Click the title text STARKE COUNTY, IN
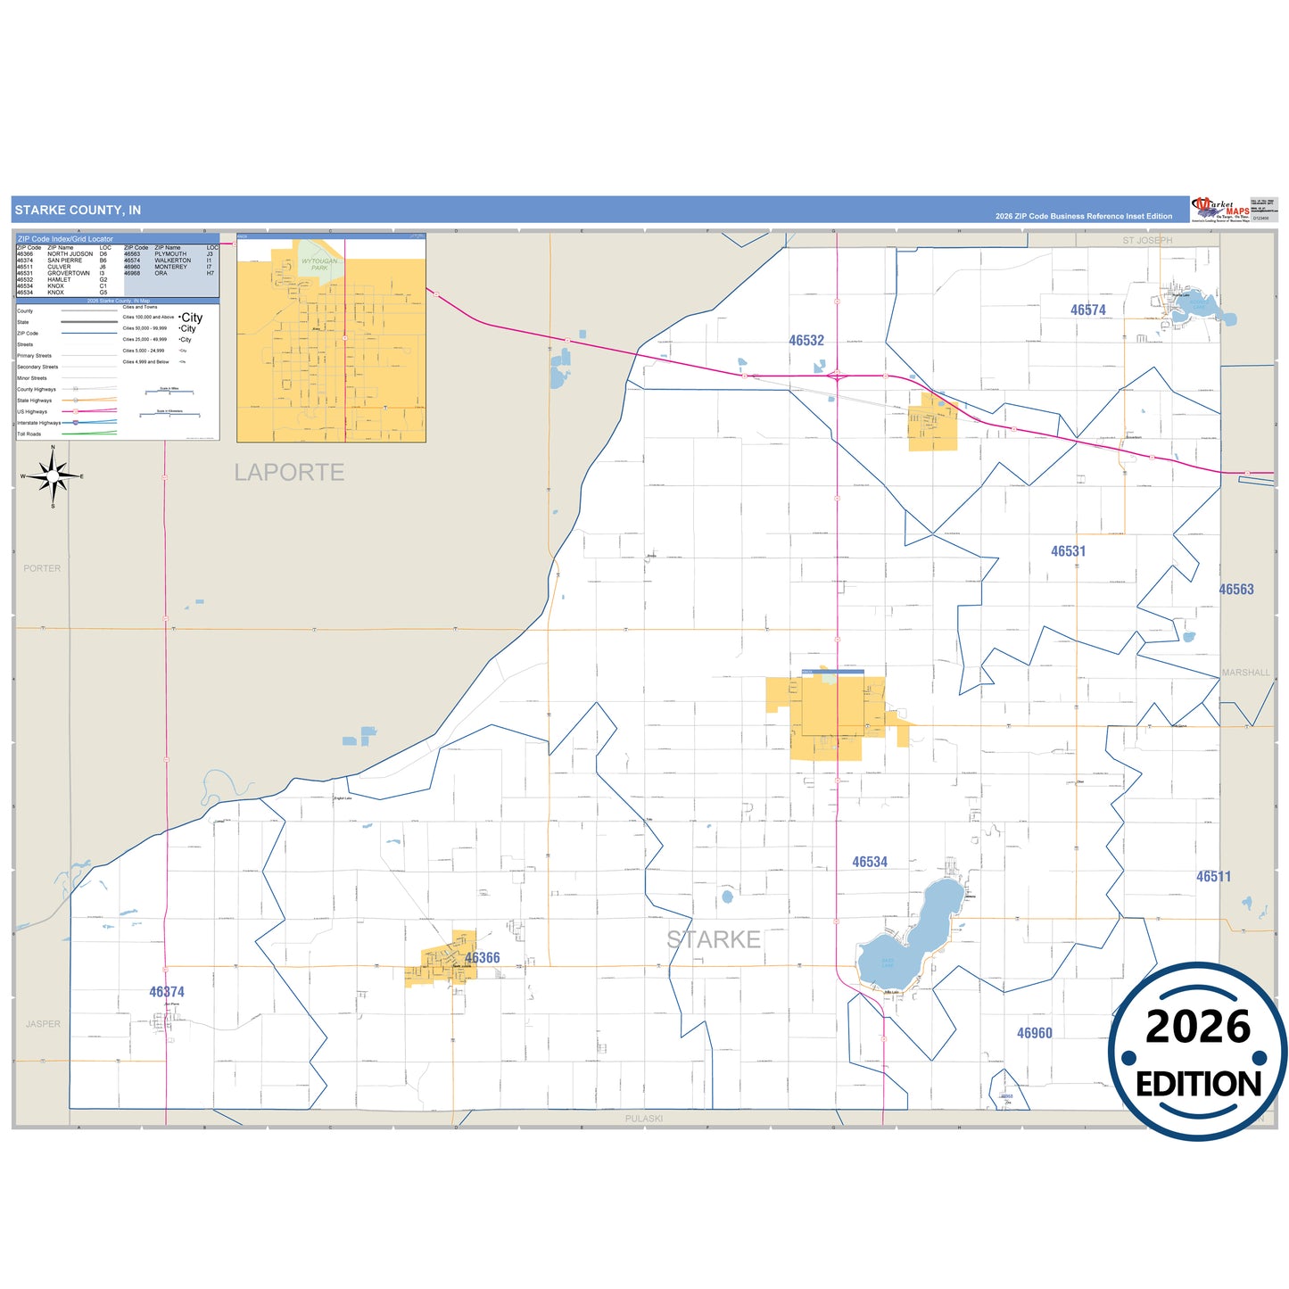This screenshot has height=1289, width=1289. coord(78,211)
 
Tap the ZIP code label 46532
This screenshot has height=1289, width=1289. coord(806,341)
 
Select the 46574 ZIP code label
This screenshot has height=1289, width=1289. coord(1088,310)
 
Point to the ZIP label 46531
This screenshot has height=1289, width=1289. coord(1068,551)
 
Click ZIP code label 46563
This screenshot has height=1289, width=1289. coord(1236,590)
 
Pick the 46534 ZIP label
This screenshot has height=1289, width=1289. coord(870,862)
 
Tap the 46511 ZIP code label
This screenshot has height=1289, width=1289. coord(1213,877)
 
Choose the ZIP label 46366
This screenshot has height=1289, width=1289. coord(483,958)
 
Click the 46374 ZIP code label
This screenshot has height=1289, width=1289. coord(167,992)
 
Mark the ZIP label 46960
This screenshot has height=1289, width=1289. coord(1035,1033)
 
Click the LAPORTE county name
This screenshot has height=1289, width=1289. coord(289,473)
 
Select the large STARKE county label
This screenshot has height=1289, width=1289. coord(714,939)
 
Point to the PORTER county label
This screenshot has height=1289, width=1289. coord(42,568)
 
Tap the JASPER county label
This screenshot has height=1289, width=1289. coord(43,1024)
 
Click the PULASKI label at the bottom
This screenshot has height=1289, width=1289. coord(643,1119)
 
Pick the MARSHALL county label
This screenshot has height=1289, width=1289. coord(1245,673)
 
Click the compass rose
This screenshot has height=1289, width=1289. coord(53,476)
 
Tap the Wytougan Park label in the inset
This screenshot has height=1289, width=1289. coord(319,264)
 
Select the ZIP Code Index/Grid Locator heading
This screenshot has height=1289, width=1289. coord(66,239)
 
